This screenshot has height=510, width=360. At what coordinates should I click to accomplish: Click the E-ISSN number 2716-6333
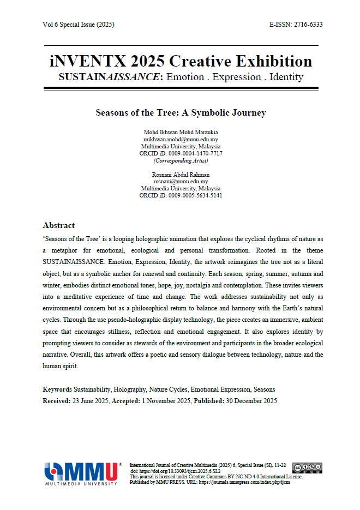click(x=308, y=25)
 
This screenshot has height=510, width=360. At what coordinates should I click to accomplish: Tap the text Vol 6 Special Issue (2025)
click(x=78, y=25)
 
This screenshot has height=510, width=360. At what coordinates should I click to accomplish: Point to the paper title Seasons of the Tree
click(x=181, y=113)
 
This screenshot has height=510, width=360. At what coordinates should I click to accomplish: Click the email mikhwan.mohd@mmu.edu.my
click(x=181, y=140)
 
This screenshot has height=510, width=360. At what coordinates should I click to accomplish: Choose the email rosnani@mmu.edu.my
click(x=181, y=182)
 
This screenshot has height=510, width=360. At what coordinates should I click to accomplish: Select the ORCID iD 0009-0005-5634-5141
click(x=195, y=195)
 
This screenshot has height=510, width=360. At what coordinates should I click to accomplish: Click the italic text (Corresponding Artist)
click(x=181, y=161)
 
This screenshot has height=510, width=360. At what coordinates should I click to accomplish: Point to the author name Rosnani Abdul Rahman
click(x=181, y=175)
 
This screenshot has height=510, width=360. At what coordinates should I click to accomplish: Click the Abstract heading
click(x=58, y=225)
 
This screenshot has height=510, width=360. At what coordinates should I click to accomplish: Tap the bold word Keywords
click(x=57, y=389)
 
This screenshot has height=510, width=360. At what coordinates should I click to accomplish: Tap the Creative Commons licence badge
click(x=307, y=467)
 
